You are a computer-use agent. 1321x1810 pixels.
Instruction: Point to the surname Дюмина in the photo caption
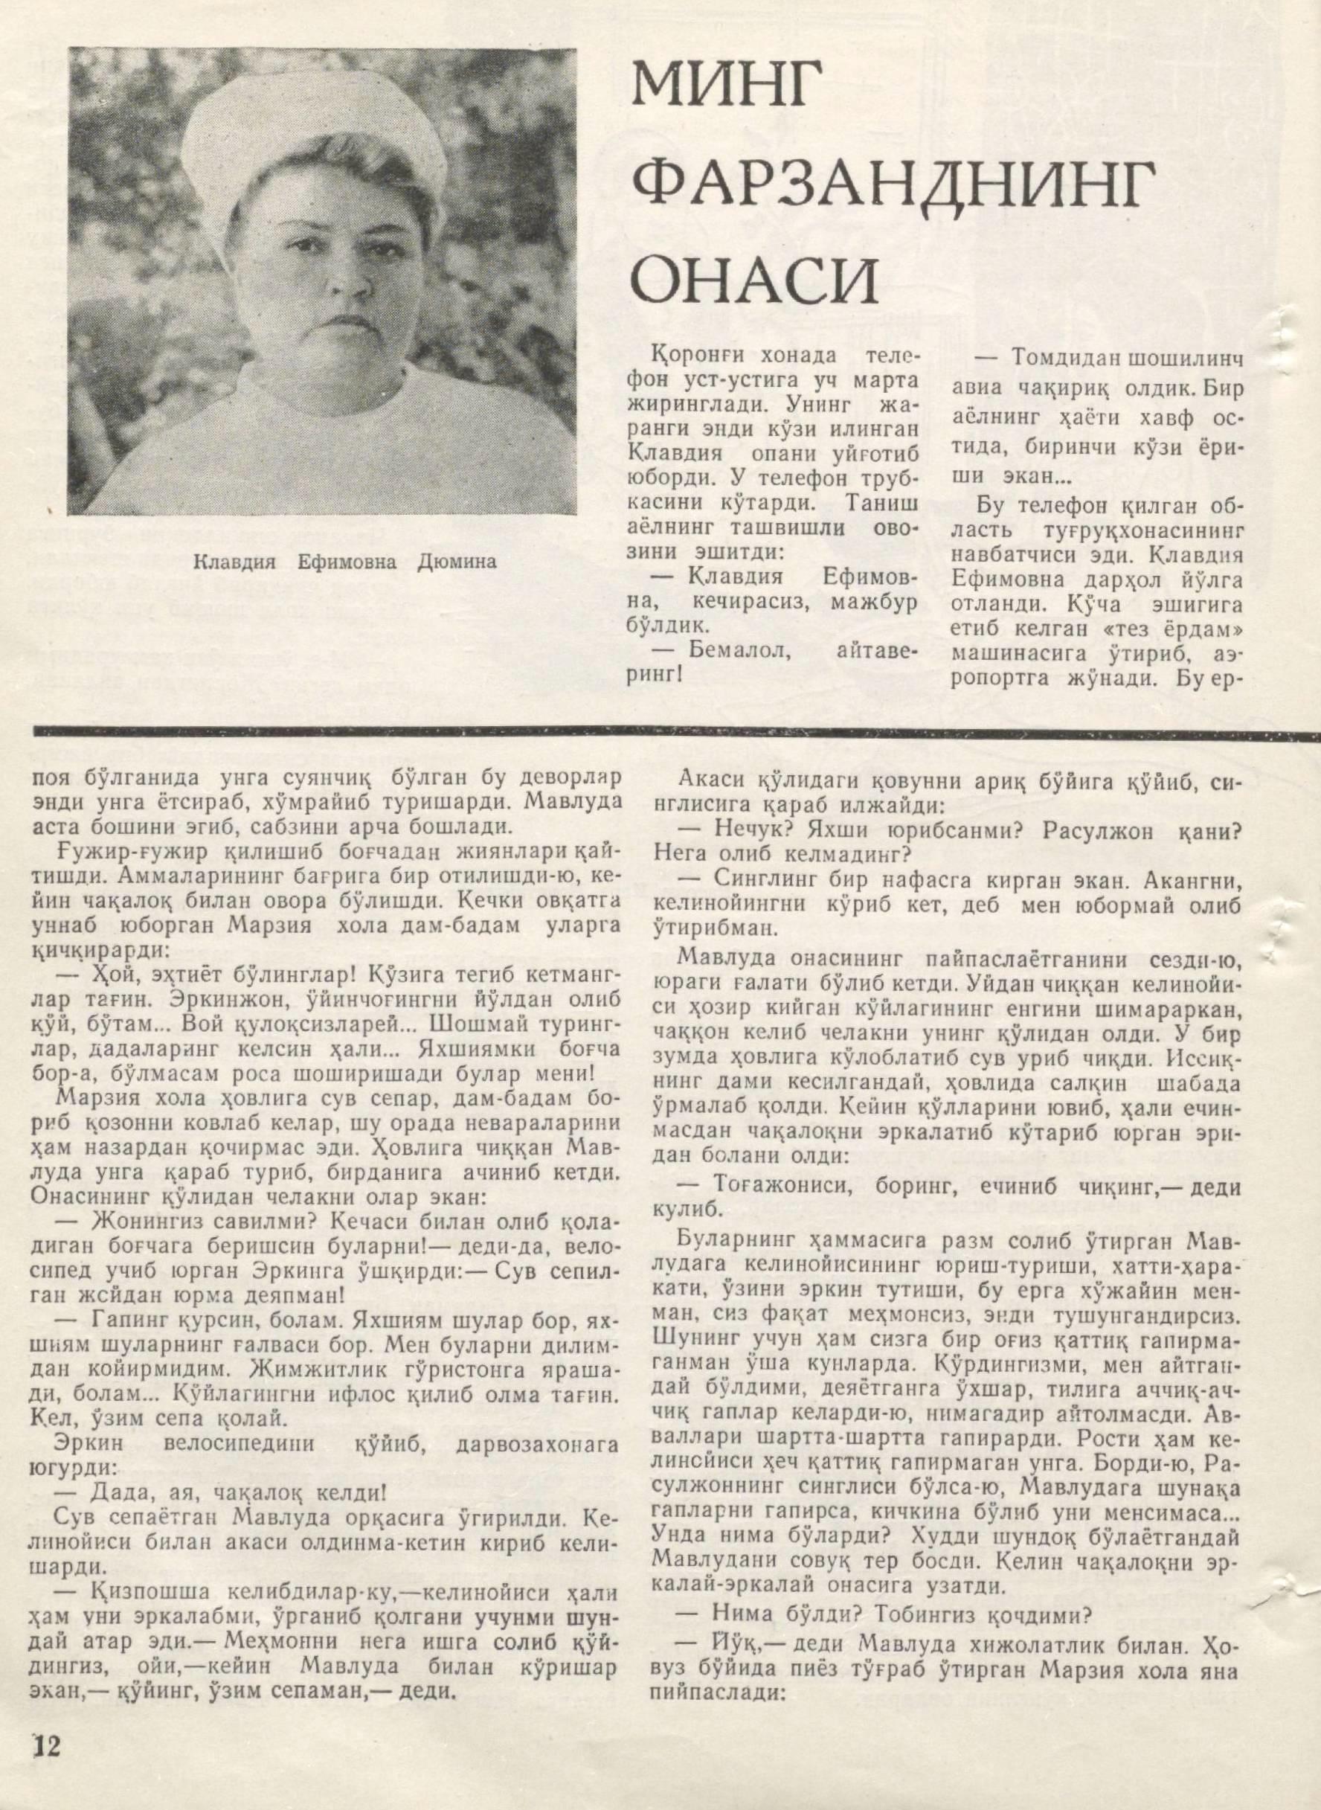pos(457,562)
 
